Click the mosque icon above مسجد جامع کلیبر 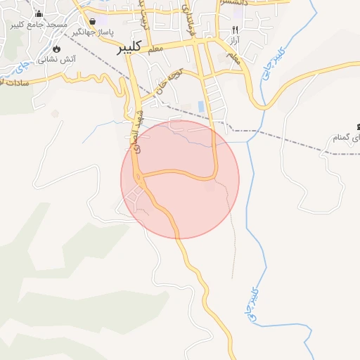coord(38,14)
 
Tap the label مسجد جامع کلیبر coord(39,25)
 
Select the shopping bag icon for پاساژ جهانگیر coord(93,21)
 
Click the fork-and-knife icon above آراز coord(235,30)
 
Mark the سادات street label coord(14,82)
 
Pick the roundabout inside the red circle coord(140,180)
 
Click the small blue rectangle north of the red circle coord(202,107)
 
